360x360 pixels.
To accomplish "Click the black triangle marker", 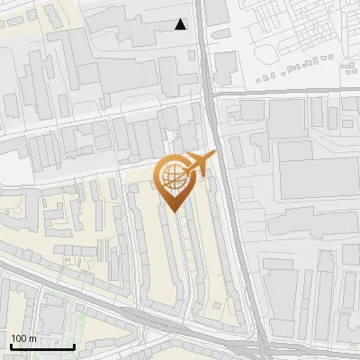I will (x=181, y=24).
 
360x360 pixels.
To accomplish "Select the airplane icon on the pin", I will (x=197, y=164).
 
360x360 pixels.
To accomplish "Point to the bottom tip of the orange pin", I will (x=174, y=210).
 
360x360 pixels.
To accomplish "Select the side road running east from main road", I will (x=288, y=91).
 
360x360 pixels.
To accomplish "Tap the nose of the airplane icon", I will (x=214, y=155).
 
